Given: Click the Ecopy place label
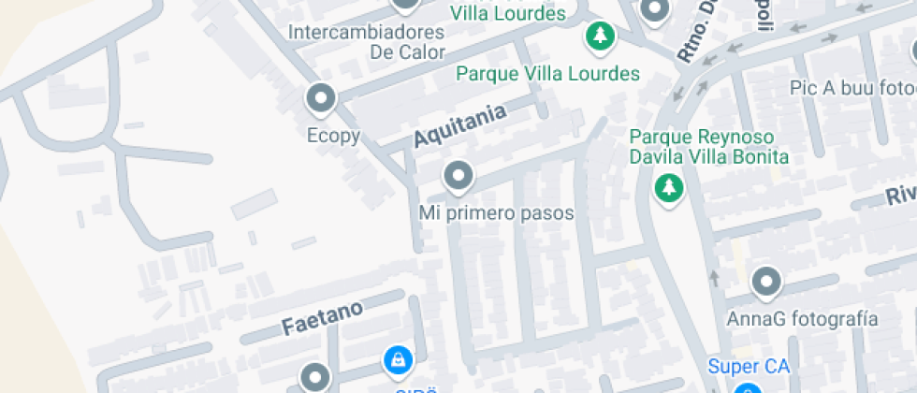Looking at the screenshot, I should pos(333,136).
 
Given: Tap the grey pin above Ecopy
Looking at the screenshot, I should pos(322,97).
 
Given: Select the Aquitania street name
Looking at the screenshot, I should pos(459,125).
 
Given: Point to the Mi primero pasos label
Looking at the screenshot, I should pos(496,213).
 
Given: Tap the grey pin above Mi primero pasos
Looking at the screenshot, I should pos(458,175).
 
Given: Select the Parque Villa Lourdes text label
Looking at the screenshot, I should pos(547,73).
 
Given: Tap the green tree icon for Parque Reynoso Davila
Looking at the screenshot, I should pos(668,189).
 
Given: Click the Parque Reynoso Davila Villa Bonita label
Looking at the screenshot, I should pos(708,147).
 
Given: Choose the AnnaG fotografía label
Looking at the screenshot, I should pos(803,319).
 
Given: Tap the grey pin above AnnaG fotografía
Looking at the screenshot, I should pos(766,281).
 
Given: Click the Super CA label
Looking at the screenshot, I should pos(749,366).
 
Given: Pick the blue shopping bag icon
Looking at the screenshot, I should pos(398,358).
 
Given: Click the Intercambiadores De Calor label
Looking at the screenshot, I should pos(367,42).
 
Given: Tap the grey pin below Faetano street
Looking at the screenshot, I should pos(314,377).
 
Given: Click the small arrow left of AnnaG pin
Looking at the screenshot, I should pos(714,277).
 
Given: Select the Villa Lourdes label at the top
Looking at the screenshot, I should pos(508,13).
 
